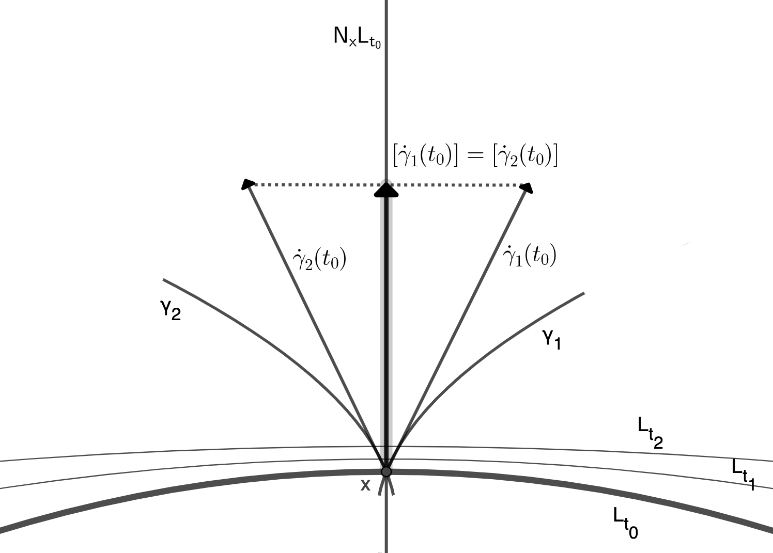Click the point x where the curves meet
(x=386, y=471)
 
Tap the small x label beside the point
(x=365, y=485)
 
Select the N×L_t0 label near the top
(x=357, y=38)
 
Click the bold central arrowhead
(x=386, y=190)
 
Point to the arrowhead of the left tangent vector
(x=248, y=184)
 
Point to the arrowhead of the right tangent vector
(x=527, y=188)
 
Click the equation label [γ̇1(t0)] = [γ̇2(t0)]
(x=475, y=156)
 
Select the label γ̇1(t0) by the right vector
(x=529, y=256)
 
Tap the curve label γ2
(x=171, y=310)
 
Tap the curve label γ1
(x=551, y=339)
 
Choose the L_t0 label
(x=625, y=522)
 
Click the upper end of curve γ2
(x=164, y=280)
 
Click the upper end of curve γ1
(x=583, y=294)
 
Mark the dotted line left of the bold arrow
(x=315, y=184)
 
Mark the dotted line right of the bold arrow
(x=457, y=184)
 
